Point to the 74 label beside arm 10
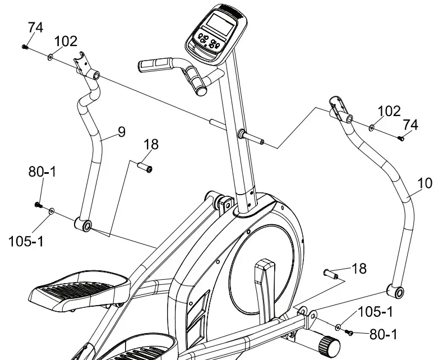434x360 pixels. (x=410, y=124)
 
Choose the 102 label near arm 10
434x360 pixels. (x=389, y=111)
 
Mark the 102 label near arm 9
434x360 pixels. (x=66, y=41)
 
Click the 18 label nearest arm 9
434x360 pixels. (x=151, y=145)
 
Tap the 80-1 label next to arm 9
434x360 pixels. (x=42, y=172)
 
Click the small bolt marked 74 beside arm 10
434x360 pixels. (x=401, y=138)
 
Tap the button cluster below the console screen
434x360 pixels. (x=207, y=42)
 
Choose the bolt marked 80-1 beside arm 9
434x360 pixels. (x=38, y=205)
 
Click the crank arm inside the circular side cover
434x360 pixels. (x=264, y=286)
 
